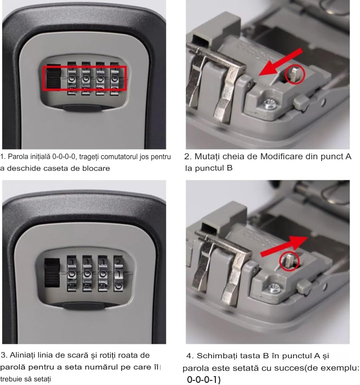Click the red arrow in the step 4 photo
pyautogui.click(x=284, y=247)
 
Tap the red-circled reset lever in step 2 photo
pyautogui.click(x=294, y=75)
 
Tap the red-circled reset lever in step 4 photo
pyautogui.click(x=289, y=261)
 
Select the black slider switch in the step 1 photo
pyautogui.click(x=53, y=77)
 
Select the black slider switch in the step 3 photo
pyautogui.click(x=52, y=273)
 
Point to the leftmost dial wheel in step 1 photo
pyautogui.click(x=72, y=78)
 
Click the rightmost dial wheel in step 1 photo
pyautogui.click(x=114, y=78)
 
